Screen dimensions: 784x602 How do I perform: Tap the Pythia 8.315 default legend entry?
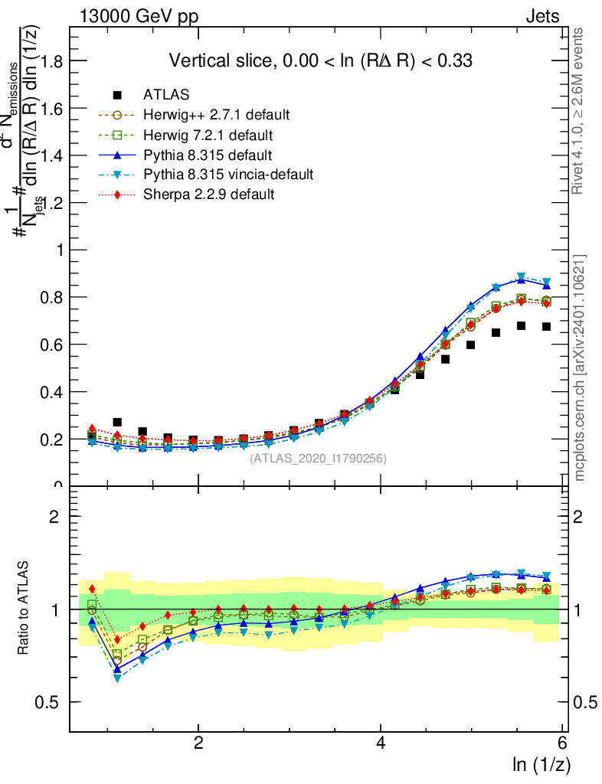(x=208, y=155)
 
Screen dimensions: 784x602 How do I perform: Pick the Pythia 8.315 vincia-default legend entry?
(x=228, y=175)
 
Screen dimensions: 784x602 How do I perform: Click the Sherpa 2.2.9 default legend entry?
(x=208, y=194)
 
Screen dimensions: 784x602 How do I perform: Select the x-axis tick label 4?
(x=381, y=743)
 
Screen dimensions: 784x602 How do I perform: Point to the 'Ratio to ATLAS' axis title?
(x=24, y=609)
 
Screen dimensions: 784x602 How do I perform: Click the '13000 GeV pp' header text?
(x=138, y=17)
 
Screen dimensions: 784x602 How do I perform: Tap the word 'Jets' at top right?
(x=542, y=17)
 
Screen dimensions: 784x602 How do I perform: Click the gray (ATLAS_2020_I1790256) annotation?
(x=318, y=459)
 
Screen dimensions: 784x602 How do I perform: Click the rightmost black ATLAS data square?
(x=546, y=326)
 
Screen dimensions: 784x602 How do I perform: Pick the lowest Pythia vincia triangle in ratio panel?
(x=117, y=678)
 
